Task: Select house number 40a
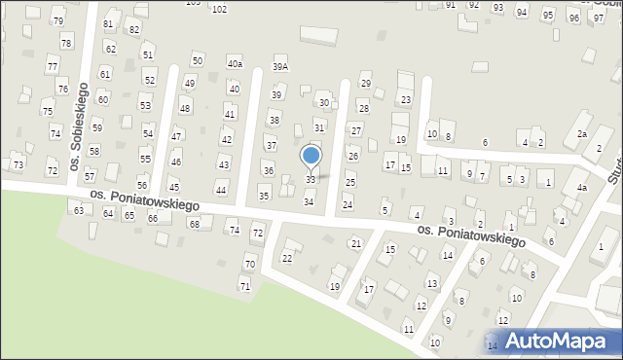tap(235, 64)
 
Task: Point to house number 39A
tap(280, 67)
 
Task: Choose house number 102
tap(219, 9)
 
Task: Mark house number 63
tap(78, 210)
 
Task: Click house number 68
tap(194, 225)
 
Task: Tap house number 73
tap(17, 166)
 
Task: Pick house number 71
tap(244, 286)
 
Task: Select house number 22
tap(286, 258)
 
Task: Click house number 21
tap(355, 243)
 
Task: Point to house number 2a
tap(582, 134)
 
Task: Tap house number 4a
tap(581, 187)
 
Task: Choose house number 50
tap(197, 61)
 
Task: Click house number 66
tap(153, 219)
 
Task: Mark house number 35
tap(264, 197)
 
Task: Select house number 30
tap(324, 103)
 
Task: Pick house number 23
tap(406, 100)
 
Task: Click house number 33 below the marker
tap(311, 180)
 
